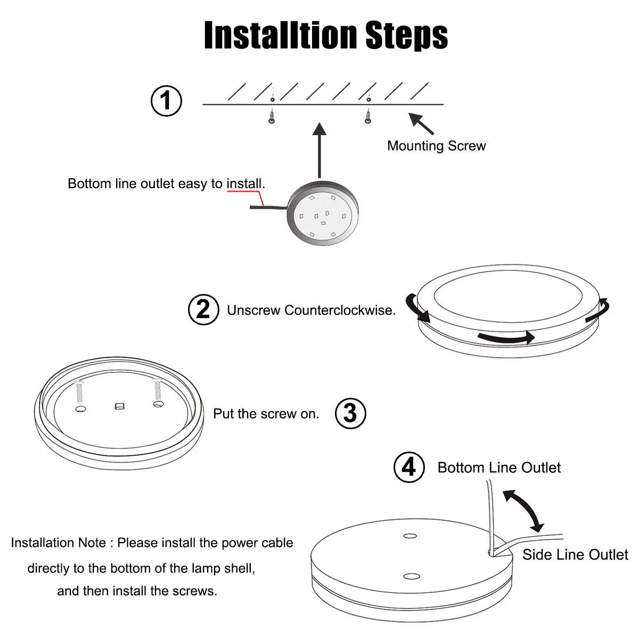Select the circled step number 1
click(167, 101)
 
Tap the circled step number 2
click(203, 310)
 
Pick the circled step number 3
click(350, 413)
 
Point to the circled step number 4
click(408, 468)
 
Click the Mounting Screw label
click(436, 146)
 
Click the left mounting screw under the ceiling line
click(272, 116)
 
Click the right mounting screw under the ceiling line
click(367, 116)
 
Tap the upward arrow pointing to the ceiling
click(319, 149)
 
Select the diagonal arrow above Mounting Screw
click(422, 123)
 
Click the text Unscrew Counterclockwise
click(311, 310)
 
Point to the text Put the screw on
click(266, 414)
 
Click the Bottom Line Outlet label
click(499, 468)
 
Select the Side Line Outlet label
click(575, 555)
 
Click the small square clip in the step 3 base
click(120, 407)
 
